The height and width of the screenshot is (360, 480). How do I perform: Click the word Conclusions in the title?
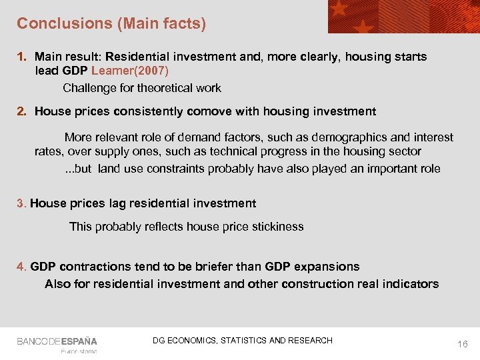56,23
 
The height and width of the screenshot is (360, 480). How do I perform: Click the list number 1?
21,57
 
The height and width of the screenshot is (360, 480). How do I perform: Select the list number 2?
21,111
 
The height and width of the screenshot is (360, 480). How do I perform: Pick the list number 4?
21,267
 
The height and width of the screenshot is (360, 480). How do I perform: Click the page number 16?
463,344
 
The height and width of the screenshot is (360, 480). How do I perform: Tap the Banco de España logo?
57,341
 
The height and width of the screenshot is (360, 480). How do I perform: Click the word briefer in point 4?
215,267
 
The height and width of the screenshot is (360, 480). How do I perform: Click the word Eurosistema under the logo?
79,351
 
